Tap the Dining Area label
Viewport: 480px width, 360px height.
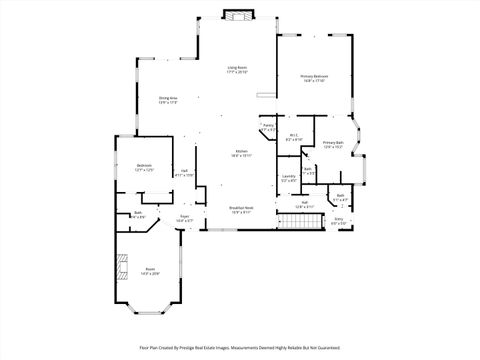(167, 100)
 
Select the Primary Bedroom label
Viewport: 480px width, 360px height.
(314, 78)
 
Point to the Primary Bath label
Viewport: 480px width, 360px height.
(333, 145)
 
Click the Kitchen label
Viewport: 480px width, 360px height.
(241, 153)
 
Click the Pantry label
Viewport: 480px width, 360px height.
(268, 128)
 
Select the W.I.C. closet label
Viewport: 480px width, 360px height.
(293, 138)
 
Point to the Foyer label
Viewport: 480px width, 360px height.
(185, 218)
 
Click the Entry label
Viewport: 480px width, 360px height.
(338, 221)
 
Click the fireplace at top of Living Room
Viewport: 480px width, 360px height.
(238, 15)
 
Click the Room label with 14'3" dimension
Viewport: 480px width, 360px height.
(150, 271)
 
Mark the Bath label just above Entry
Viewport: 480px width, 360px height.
(340, 196)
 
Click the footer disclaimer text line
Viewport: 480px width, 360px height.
(240, 349)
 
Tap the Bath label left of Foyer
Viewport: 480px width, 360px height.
(139, 215)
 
